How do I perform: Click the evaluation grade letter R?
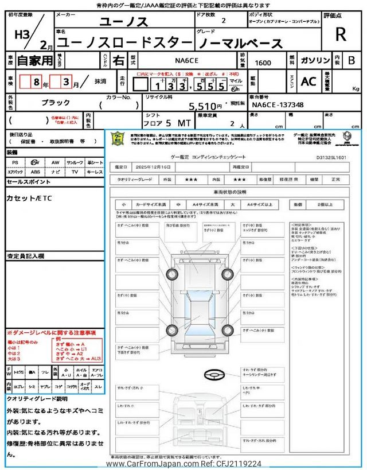341,34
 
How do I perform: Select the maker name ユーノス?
124,22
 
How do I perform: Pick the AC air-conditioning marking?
309,81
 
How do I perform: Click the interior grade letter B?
351,60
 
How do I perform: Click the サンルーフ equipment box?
75,163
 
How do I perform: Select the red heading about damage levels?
52,333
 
